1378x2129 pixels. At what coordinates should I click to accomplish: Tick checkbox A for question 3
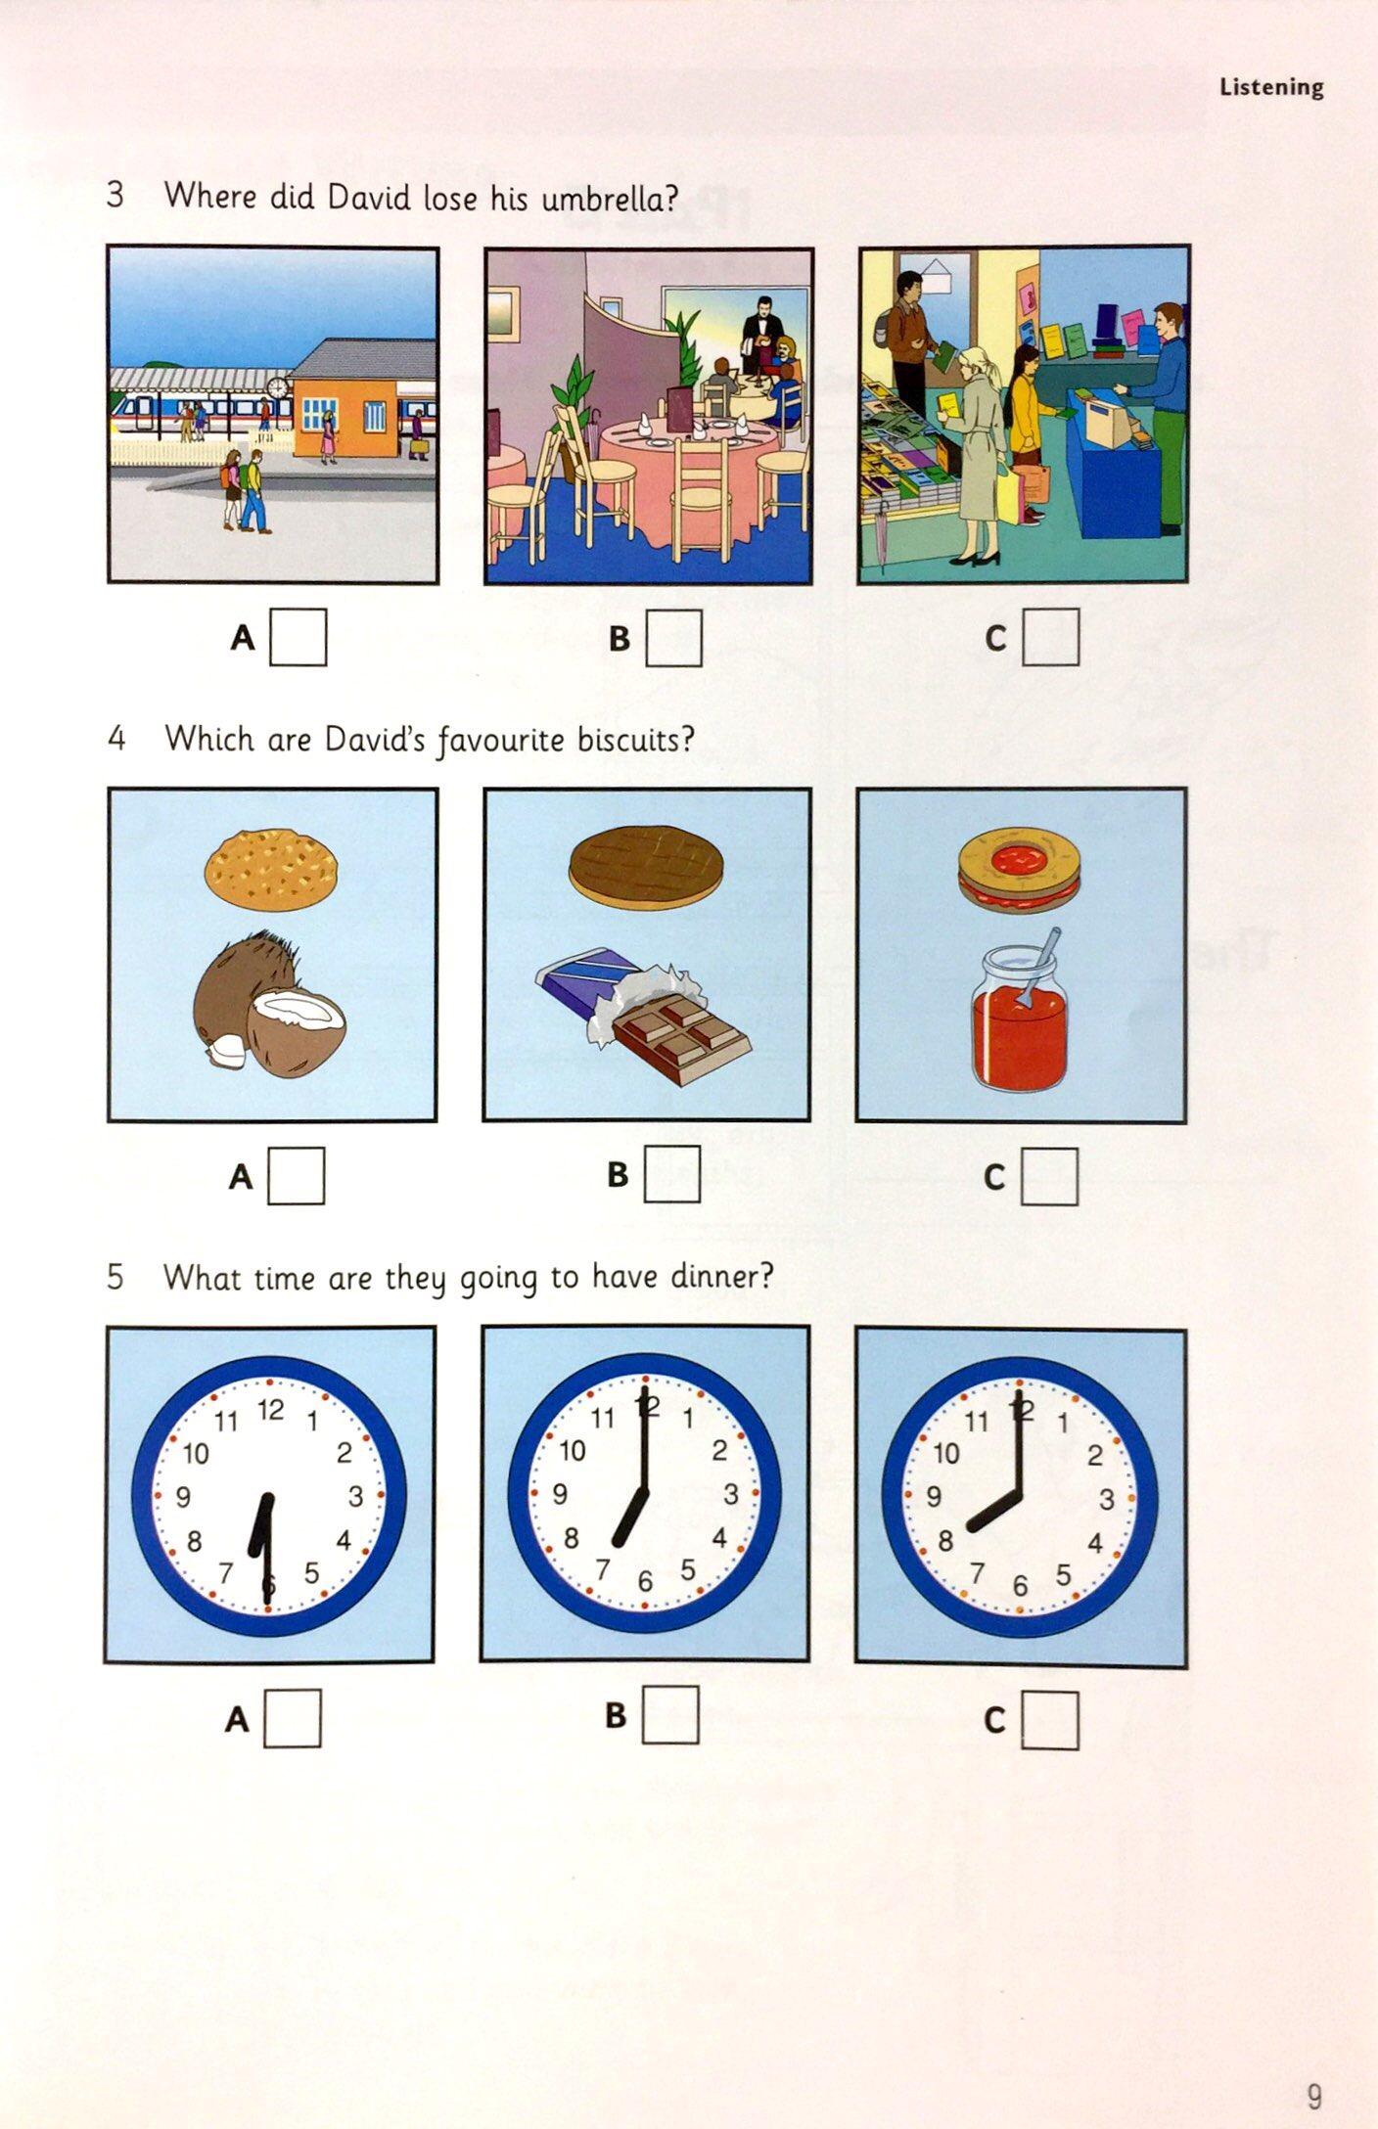(x=299, y=637)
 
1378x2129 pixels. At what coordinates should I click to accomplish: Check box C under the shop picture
(x=1051, y=637)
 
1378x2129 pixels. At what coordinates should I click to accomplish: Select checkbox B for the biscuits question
(x=672, y=1173)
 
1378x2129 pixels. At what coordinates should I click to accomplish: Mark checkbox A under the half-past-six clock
(x=293, y=1718)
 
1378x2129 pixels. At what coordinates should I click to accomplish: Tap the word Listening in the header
(x=1271, y=88)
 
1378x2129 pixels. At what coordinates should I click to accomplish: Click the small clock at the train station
(x=278, y=388)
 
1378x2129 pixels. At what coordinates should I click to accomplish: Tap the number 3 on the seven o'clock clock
(x=730, y=1494)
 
